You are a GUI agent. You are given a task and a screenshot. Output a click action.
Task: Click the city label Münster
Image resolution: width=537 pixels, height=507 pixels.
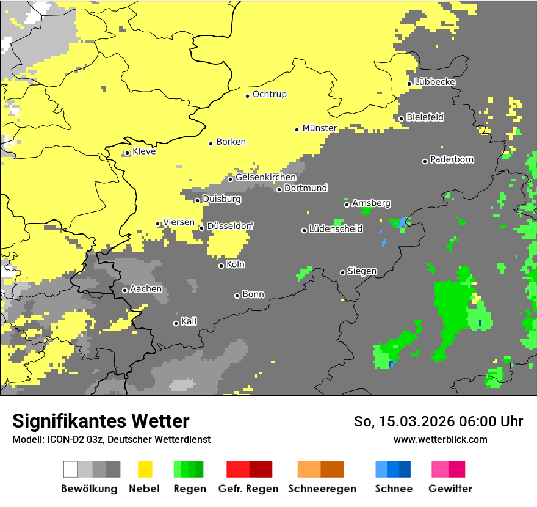point(320,128)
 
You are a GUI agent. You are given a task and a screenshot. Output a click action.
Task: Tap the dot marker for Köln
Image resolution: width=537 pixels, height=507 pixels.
point(222,266)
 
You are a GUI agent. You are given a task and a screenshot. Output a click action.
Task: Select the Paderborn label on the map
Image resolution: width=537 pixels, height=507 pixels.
point(452,160)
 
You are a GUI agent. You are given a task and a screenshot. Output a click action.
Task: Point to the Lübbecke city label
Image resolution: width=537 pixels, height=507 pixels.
point(434,82)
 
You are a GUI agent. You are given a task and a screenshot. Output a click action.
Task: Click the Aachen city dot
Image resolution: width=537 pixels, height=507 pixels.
point(125,290)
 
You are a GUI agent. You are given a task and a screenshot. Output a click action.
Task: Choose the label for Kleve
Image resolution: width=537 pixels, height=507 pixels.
point(144,151)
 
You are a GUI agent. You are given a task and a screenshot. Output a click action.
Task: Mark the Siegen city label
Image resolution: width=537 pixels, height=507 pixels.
point(362,271)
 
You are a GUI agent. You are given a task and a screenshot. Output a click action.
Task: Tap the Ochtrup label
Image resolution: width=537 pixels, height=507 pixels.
point(269,95)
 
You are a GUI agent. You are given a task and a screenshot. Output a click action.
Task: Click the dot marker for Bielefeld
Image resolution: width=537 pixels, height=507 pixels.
point(402,119)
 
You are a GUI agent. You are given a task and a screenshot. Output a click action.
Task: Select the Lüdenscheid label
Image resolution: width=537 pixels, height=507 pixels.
point(336,229)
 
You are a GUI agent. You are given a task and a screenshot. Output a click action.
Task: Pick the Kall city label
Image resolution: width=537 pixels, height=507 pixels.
point(189,321)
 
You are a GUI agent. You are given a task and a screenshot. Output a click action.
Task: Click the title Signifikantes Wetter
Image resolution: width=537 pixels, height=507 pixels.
point(101,421)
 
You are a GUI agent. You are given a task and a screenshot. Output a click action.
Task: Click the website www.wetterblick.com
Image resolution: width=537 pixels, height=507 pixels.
point(440,439)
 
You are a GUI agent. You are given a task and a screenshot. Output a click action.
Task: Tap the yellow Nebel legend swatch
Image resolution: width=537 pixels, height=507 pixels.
point(145,469)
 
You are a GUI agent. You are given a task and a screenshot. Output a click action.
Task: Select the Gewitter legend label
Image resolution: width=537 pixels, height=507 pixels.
point(450,489)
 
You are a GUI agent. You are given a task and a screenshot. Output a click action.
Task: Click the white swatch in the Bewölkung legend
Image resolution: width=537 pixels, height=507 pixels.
point(71,469)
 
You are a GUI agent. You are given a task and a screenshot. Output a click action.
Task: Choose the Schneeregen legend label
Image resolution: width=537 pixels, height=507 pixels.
point(322,489)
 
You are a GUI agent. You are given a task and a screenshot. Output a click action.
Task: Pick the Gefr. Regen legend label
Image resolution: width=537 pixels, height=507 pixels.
point(248,489)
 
